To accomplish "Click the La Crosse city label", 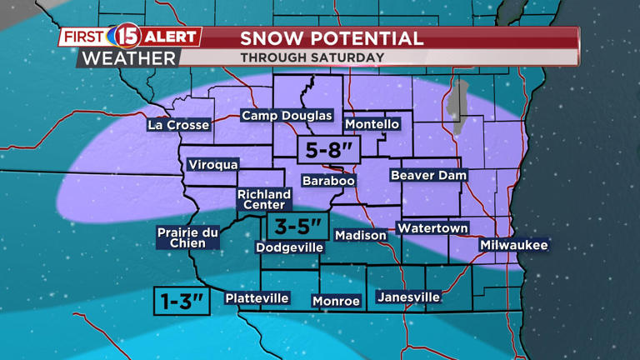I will coord(178,125).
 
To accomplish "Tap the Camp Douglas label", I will coord(287,116).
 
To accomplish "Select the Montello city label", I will coord(372,124).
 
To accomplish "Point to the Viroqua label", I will coord(213,165).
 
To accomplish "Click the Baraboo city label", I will coord(328,181).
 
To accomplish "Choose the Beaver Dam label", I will coord(428,175).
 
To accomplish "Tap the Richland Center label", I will coord(264,200).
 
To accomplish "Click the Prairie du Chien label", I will coord(187,237).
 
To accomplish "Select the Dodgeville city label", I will coord(289,247).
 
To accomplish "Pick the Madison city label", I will coord(361,236).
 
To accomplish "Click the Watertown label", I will coord(432,228).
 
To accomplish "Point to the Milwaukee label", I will coord(513,245).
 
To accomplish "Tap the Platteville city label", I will coord(257,298).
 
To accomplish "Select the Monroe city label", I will coord(336,301).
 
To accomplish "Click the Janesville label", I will coord(408,297).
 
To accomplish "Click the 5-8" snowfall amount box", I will coord(328,151).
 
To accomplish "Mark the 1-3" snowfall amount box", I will coord(182,302).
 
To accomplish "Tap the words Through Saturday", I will coord(312,57).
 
